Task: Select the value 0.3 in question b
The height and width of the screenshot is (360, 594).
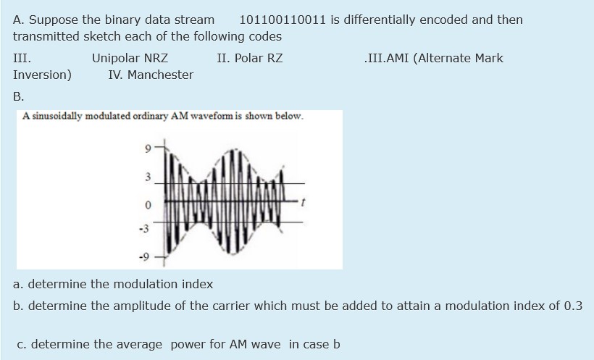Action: point(573,306)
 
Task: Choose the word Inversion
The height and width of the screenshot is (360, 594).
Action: point(42,75)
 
